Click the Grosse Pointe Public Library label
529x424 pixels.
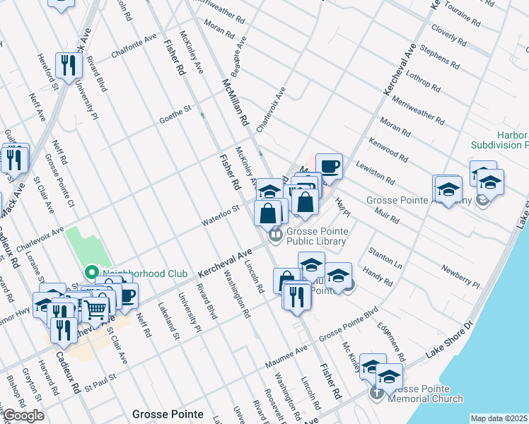pyautogui.click(x=315, y=236)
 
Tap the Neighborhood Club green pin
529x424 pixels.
pyautogui.click(x=91, y=272)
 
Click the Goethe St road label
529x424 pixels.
pyautogui.click(x=175, y=112)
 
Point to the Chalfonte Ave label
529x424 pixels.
pyautogui.click(x=134, y=47)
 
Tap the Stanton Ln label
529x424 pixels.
pyautogui.click(x=385, y=258)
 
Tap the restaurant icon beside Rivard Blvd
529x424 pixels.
pyautogui.click(x=69, y=66)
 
